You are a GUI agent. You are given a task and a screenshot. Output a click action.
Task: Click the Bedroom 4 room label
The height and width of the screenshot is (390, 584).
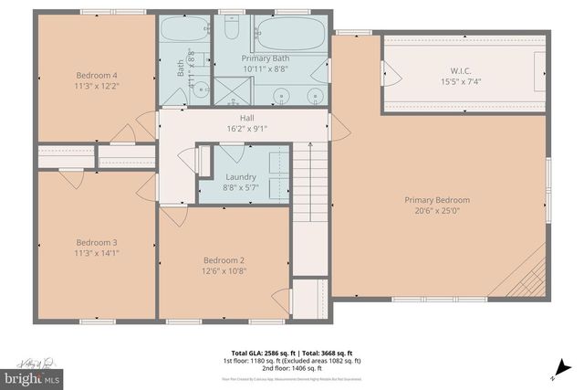click(x=96, y=75)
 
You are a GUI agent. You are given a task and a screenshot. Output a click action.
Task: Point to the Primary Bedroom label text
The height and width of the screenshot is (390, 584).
click(x=438, y=200)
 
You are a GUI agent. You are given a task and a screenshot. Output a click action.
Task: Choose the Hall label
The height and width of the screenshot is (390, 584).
click(x=246, y=118)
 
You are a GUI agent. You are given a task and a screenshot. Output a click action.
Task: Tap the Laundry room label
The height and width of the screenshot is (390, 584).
click(x=241, y=176)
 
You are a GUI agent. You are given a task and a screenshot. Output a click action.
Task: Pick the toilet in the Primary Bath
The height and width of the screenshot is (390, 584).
click(x=232, y=32)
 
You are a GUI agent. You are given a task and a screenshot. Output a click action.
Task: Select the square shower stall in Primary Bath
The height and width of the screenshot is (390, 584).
click(x=232, y=90)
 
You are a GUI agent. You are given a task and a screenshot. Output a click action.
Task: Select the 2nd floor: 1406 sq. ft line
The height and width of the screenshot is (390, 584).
click(x=292, y=367)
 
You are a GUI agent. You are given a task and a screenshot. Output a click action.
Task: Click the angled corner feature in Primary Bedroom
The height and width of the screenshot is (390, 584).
click(x=530, y=274)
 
